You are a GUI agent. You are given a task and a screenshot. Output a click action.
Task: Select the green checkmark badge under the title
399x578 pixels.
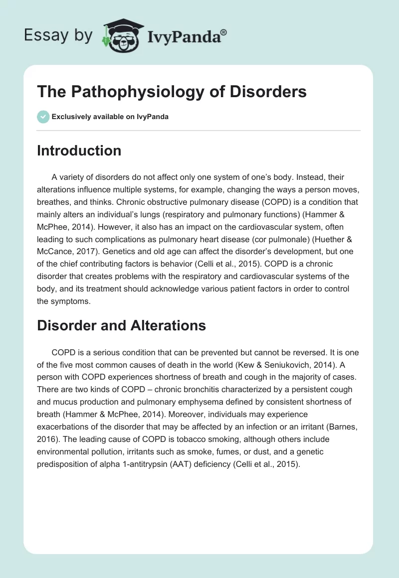43,117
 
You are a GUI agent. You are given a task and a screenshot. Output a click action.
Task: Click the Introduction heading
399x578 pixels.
79,151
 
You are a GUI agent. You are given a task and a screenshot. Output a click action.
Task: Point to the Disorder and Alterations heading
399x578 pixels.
121,325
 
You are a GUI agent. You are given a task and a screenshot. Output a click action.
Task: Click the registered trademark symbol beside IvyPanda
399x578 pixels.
224,32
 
